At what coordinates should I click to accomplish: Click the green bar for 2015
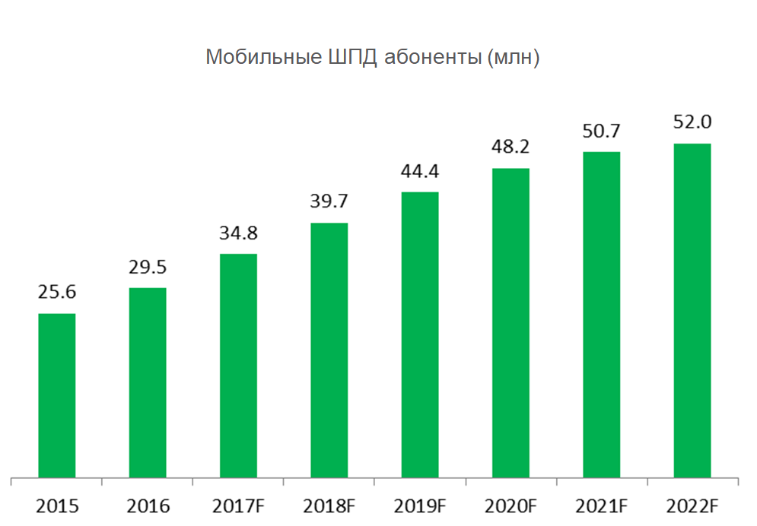pos(57,395)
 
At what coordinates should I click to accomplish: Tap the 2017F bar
pos(238,366)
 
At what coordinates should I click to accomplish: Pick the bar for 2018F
pos(329,350)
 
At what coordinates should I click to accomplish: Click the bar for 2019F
pos(420,334)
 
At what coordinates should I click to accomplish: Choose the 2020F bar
pos(510,323)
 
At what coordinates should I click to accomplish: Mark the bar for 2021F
pos(602,315)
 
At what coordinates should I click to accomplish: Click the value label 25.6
pos(57,293)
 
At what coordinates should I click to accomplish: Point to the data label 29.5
pos(148,267)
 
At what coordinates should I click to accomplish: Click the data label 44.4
pos(420,171)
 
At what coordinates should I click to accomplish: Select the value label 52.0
pos(692,122)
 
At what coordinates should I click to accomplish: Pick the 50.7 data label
pos(602,131)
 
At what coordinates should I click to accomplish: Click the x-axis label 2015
pos(57,505)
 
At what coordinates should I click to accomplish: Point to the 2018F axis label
pos(329,505)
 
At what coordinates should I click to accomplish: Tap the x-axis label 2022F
pos(692,505)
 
